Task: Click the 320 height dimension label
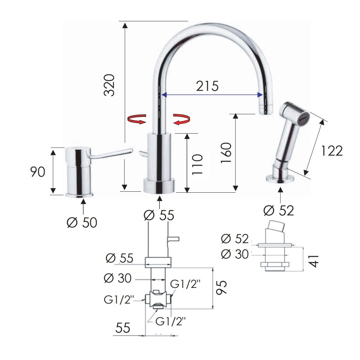click(109, 85)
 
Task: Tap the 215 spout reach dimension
click(207, 86)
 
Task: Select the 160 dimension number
click(226, 153)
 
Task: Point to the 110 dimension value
click(197, 164)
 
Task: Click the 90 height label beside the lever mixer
click(38, 172)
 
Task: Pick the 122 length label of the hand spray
click(332, 151)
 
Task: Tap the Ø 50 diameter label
click(82, 222)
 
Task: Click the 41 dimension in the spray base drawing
click(314, 261)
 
